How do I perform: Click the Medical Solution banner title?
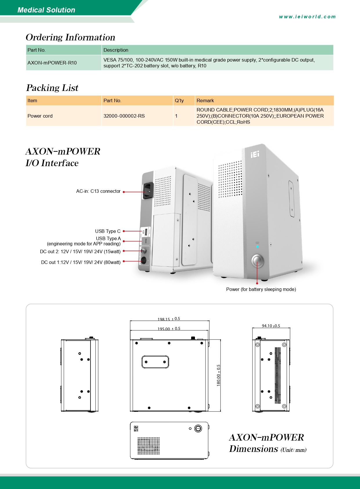tap(46, 10)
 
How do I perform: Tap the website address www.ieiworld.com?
tap(307, 17)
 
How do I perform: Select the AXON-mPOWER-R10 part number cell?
tap(52, 63)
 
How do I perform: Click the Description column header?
tap(116, 50)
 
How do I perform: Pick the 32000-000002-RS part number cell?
tap(124, 116)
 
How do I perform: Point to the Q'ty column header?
tap(179, 100)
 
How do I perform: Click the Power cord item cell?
tap(40, 116)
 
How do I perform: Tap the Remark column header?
tap(205, 100)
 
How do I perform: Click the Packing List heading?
tap(52, 88)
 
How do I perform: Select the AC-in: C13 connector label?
tap(98, 191)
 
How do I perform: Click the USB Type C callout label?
tap(108, 231)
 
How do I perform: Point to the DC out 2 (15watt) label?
tap(80, 251)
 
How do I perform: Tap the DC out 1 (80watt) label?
tap(81, 262)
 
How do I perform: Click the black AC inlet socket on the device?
tap(148, 191)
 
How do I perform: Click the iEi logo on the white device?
tap(255, 154)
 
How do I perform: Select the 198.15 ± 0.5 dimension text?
tap(169, 319)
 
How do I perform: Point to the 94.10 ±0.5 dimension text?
tap(271, 326)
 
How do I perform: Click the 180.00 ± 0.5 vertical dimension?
tap(218, 375)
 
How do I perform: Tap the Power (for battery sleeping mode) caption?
tap(261, 289)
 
